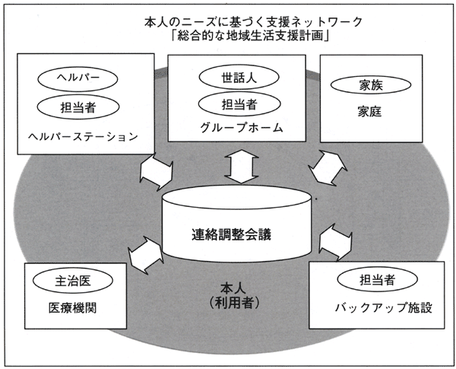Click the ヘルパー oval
pyautogui.click(x=78, y=78)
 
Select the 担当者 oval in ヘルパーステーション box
pyautogui.click(x=78, y=107)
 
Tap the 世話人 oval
pyautogui.click(x=239, y=77)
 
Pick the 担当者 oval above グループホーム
pyautogui.click(x=239, y=104)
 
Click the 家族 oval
pyautogui.click(x=371, y=85)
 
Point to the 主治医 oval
pyautogui.click(x=73, y=281)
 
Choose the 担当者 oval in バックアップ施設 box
pyautogui.click(x=377, y=279)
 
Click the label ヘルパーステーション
pyautogui.click(x=83, y=136)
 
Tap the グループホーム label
pyautogui.click(x=242, y=128)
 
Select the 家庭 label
pyautogui.click(x=369, y=112)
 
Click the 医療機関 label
pyautogui.click(x=72, y=308)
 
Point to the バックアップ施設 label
pyautogui.click(x=383, y=307)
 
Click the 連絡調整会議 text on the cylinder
pyautogui.click(x=231, y=235)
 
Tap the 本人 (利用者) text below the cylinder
pyautogui.click(x=233, y=296)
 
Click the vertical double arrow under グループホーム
pyautogui.click(x=242, y=167)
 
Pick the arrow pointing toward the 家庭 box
pyautogui.click(x=328, y=167)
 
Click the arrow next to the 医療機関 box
pyautogui.click(x=145, y=255)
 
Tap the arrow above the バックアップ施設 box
pyautogui.click(x=336, y=242)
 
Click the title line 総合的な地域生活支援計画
pyautogui.click(x=250, y=37)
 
